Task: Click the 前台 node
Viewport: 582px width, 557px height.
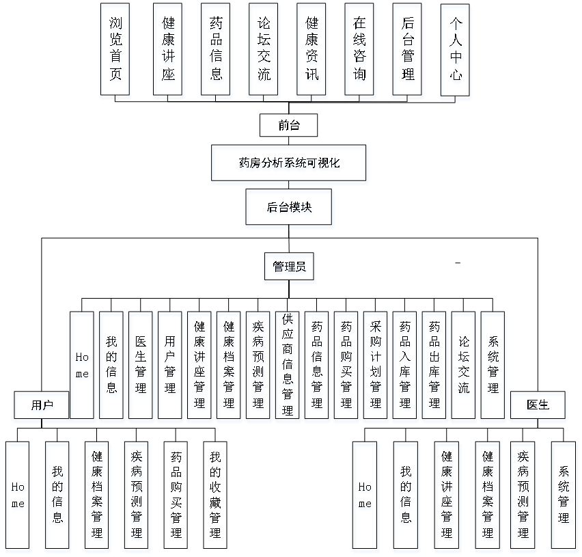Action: click(289, 125)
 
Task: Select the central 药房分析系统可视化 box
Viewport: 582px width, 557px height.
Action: click(289, 163)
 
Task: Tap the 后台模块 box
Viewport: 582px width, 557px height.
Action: click(289, 207)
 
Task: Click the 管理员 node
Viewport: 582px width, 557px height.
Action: click(289, 267)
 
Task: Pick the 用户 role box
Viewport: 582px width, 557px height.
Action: click(41, 405)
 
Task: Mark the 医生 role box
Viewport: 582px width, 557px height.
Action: click(538, 405)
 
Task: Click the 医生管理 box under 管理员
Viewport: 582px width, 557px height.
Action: click(141, 365)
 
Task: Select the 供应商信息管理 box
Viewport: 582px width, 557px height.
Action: click(288, 365)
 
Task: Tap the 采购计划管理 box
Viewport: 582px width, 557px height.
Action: click(376, 365)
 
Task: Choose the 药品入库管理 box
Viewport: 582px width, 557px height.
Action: click(405, 365)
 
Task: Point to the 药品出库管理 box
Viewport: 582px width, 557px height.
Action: click(434, 365)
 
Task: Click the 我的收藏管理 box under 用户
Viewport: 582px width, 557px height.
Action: click(215, 495)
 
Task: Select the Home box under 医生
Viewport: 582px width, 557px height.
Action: click(365, 495)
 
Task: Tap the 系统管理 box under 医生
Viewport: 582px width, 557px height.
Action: click(564, 495)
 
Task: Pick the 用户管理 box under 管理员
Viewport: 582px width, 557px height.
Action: click(170, 365)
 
